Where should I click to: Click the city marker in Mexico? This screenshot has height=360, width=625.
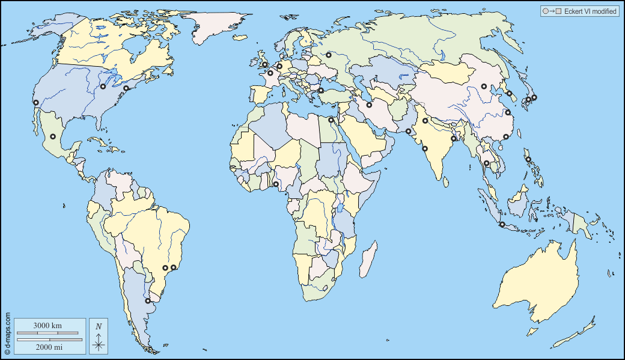click(53, 137)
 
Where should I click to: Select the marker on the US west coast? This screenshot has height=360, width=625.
click(36, 103)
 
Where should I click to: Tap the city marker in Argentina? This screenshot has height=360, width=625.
click(148, 301)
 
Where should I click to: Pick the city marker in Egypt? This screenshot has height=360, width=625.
click(331, 120)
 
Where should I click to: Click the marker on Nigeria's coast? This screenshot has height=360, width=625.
click(276, 185)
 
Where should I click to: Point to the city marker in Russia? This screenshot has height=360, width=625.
click(329, 56)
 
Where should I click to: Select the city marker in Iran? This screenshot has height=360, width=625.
click(369, 105)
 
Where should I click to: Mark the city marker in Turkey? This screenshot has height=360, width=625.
click(321, 91)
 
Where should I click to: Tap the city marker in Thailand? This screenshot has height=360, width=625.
click(486, 163)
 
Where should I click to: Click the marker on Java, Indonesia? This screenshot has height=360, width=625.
click(502, 225)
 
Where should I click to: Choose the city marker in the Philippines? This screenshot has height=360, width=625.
click(528, 159)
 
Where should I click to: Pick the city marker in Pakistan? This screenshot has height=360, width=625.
click(408, 132)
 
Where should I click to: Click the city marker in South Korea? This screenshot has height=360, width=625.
click(509, 93)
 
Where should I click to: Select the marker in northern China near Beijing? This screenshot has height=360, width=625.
click(484, 87)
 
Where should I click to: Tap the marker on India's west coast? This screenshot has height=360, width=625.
click(425, 148)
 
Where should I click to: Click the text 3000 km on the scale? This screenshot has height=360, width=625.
click(47, 325)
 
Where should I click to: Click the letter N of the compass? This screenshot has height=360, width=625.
click(99, 326)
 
